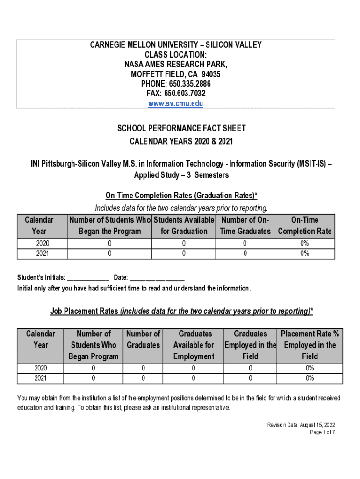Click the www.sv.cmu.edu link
[175, 103]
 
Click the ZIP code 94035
[211, 74]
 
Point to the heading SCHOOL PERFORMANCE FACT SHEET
[181, 128]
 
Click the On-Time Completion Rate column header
[304, 225]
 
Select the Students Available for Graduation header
[183, 225]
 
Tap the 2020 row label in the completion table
[42, 243]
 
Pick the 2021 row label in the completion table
[42, 254]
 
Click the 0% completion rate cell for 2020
[304, 243]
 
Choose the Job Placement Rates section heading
[181, 311]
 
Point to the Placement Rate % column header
[310, 345]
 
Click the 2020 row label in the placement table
[41, 368]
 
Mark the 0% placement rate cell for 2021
[310, 378]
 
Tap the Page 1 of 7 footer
[323, 432]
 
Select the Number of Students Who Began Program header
[94, 345]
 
